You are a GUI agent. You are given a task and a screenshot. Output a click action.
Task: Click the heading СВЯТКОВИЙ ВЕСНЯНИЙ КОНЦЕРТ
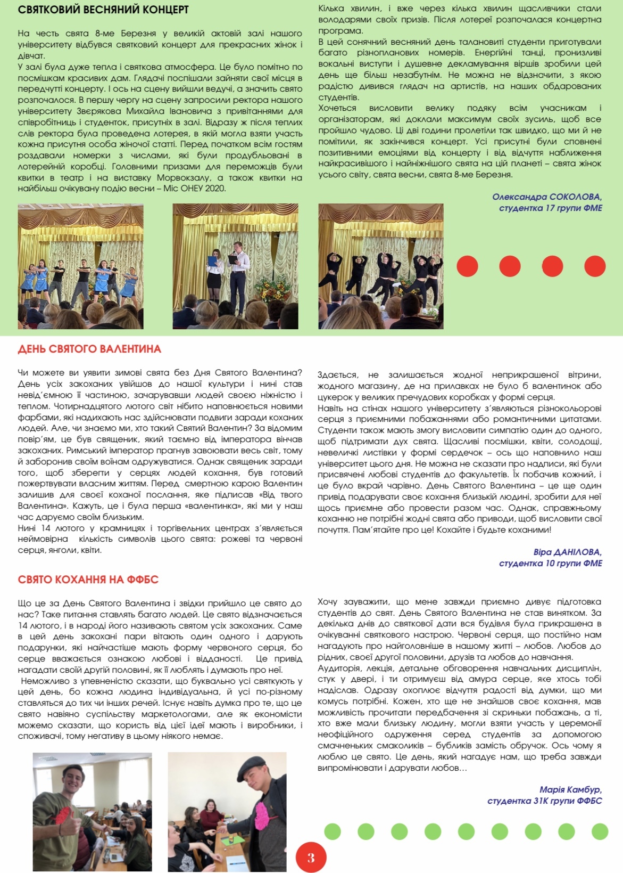click(x=103, y=10)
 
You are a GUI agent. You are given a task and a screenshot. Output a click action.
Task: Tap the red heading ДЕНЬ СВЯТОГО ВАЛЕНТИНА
click(x=89, y=349)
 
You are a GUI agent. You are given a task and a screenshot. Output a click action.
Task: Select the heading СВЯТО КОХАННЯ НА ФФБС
click(x=88, y=580)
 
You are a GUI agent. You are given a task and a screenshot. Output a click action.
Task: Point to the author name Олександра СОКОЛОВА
click(x=547, y=197)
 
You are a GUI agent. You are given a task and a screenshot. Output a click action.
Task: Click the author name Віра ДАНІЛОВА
click(x=567, y=552)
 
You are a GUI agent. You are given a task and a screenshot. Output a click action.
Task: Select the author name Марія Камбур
click(x=570, y=790)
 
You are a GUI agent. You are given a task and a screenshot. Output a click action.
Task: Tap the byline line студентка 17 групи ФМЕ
click(x=550, y=208)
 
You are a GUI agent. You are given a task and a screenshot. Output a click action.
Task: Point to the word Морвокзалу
click(x=187, y=178)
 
